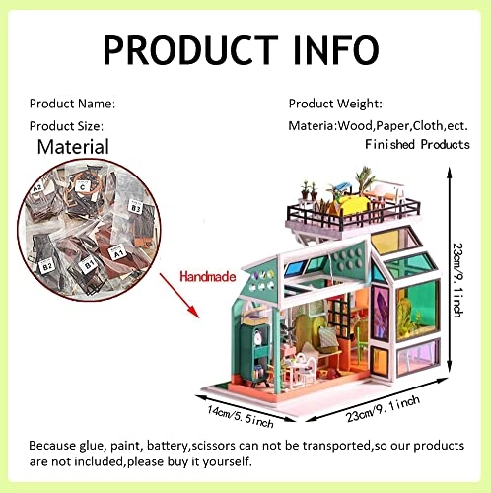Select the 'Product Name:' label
click(x=72, y=103)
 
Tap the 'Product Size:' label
click(x=66, y=125)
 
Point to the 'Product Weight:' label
click(x=335, y=103)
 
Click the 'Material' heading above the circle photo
click(x=73, y=147)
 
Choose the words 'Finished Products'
click(x=417, y=144)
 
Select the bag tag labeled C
click(x=83, y=185)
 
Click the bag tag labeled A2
click(x=37, y=188)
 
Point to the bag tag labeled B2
click(x=46, y=266)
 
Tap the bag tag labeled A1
click(x=117, y=251)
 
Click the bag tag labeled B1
click(x=87, y=265)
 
